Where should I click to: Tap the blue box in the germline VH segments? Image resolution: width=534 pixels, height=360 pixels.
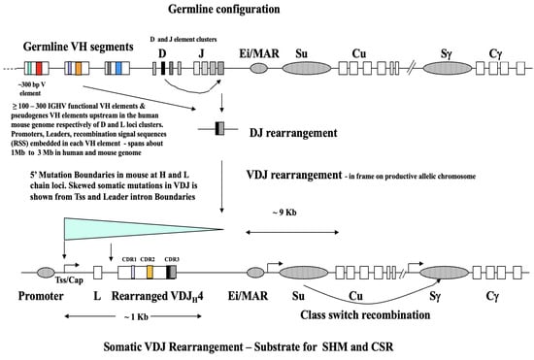(117, 70)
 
